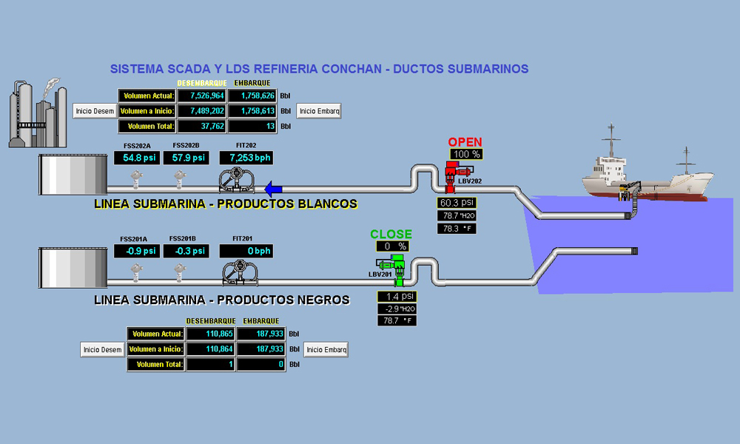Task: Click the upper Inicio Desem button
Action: click(x=95, y=111)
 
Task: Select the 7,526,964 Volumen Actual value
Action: click(x=202, y=95)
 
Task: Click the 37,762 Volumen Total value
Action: click(x=202, y=127)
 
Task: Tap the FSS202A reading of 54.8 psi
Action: click(x=135, y=158)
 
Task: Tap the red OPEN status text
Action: click(x=465, y=142)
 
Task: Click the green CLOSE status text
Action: click(x=391, y=235)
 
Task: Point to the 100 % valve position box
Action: click(x=466, y=155)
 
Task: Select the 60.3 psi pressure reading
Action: click(x=457, y=203)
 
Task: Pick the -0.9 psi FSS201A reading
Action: click(x=135, y=251)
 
